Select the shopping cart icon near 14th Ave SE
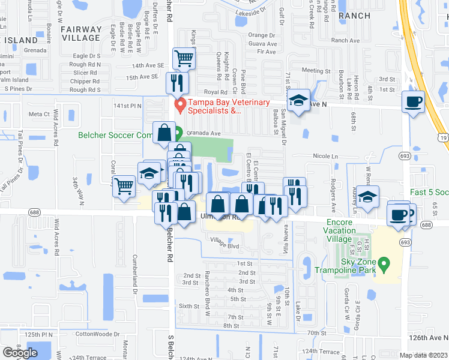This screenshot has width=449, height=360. pos(184,59)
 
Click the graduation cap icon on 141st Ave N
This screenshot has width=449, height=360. pos(297,101)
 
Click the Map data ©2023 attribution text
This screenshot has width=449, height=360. pos(423,355)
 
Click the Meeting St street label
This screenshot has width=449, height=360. pos(312,70)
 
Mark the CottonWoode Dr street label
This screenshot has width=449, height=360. pos(97,334)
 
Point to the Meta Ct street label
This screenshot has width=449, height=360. pos(38,114)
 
